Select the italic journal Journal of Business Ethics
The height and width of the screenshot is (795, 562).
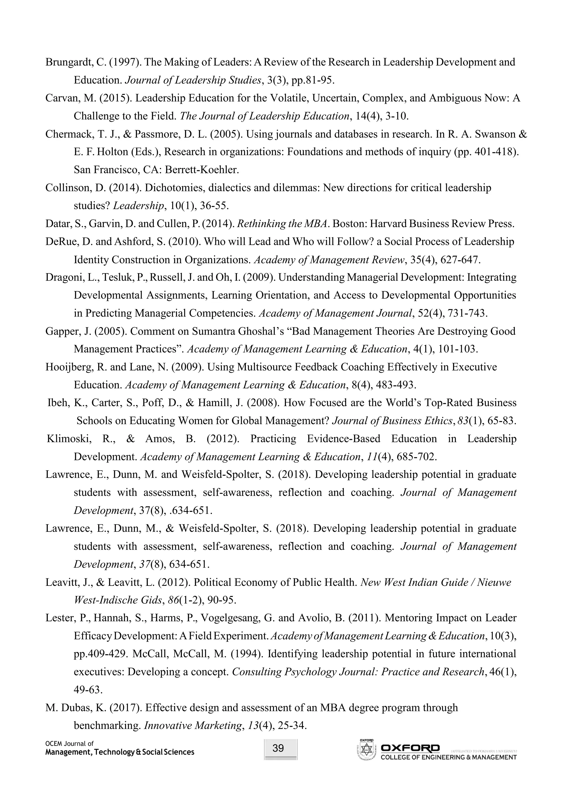392,421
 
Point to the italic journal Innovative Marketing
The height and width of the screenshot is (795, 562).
192,725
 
